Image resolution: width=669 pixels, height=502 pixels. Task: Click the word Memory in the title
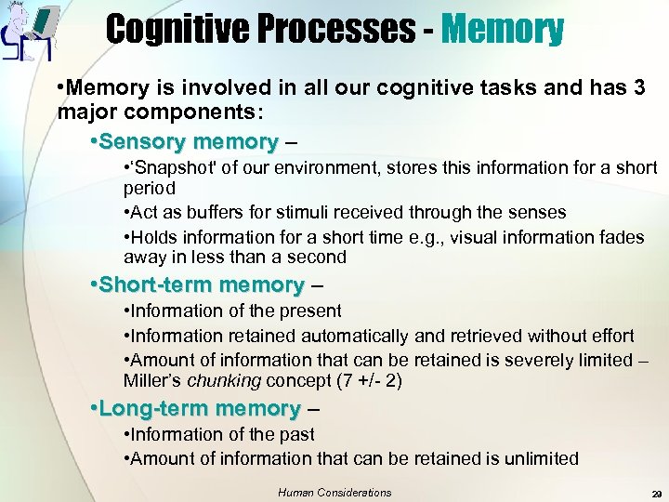pyautogui.click(x=503, y=29)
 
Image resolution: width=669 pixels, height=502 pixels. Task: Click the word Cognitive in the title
pyautogui.click(x=176, y=29)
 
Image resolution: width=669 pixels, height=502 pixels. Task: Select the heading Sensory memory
pyautogui.click(x=189, y=142)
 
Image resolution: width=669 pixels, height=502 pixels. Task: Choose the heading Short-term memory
pyautogui.click(x=202, y=284)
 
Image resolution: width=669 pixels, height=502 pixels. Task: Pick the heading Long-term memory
pyautogui.click(x=200, y=408)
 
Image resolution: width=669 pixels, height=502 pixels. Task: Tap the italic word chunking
pyautogui.click(x=225, y=380)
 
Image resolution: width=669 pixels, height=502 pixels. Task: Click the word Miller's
pyautogui.click(x=153, y=380)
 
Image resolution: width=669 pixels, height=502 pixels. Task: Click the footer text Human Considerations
pyautogui.click(x=334, y=493)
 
